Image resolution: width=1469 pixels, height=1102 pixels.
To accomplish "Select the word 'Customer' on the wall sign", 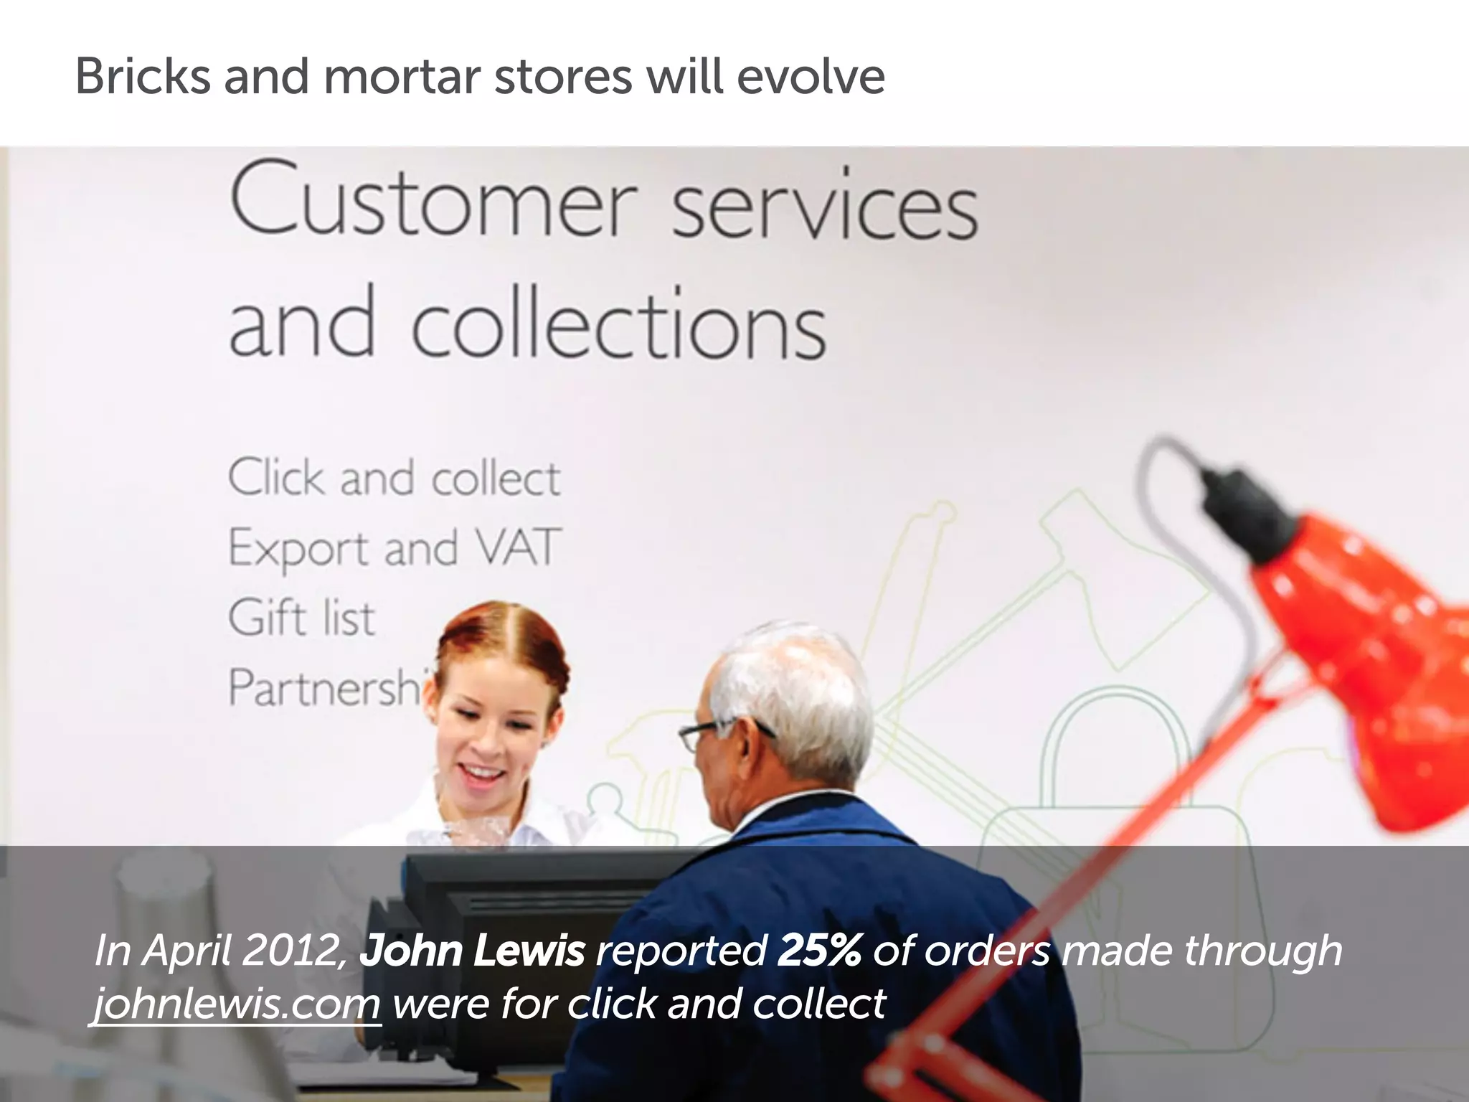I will coord(433,201).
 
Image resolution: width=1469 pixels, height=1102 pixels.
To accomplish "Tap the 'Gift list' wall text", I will coord(301,617).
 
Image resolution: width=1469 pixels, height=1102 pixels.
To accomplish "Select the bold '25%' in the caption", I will coord(818,951).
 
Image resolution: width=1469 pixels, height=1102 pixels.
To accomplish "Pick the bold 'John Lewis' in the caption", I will coord(472,951).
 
